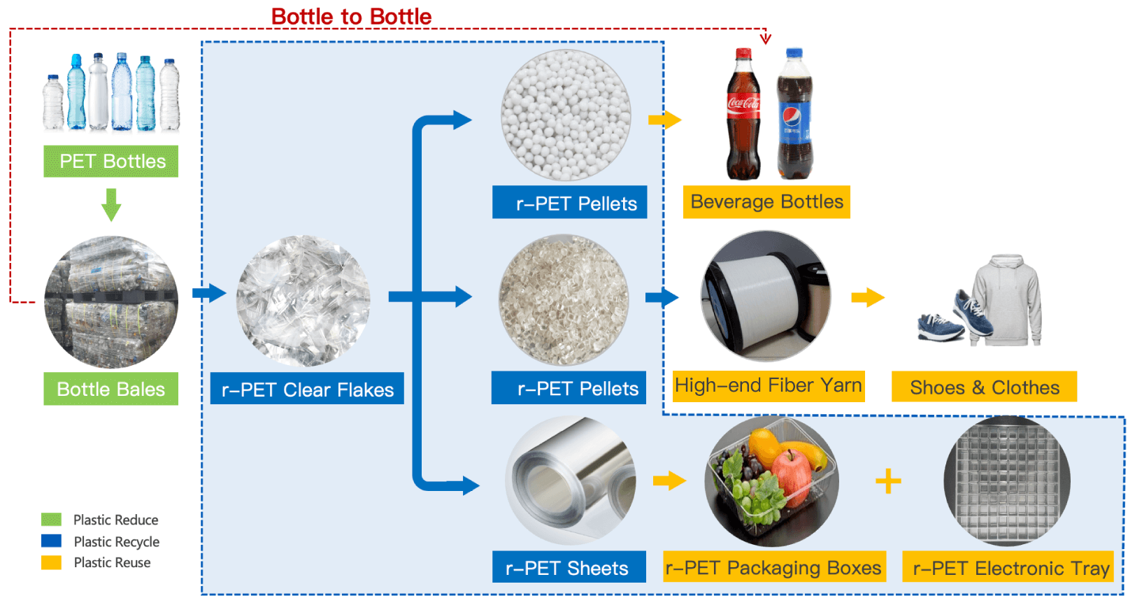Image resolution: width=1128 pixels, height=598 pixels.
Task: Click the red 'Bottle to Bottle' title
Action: [x=352, y=17]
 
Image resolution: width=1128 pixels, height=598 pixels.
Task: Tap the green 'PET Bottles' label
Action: [x=110, y=161]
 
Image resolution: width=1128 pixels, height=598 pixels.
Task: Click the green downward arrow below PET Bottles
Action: [x=111, y=204]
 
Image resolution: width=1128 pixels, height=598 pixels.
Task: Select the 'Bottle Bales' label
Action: [x=110, y=389]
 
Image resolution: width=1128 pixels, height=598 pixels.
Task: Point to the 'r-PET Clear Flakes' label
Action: [x=307, y=389]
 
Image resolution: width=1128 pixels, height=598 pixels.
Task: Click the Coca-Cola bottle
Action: [x=743, y=114]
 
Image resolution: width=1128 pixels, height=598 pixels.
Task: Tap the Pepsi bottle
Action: [x=794, y=114]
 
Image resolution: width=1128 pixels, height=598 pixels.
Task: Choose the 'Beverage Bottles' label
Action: [x=766, y=202]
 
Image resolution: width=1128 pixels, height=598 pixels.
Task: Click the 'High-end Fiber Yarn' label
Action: [x=769, y=386]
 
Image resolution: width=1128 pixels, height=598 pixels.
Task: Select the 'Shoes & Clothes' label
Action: [x=985, y=387]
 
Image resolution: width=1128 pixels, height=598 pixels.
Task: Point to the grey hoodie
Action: [x=1006, y=300]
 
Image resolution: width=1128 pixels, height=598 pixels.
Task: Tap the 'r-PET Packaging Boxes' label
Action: [x=774, y=567]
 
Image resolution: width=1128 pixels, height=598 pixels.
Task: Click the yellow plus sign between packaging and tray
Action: [x=888, y=481]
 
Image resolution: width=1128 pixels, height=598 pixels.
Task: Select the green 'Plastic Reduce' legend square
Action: [x=51, y=520]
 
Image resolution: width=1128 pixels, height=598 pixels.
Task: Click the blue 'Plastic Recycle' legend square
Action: [x=51, y=541]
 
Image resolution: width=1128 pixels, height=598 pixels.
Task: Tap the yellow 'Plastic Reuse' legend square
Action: [x=51, y=562]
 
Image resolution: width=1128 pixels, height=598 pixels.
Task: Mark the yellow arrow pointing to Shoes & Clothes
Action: [x=868, y=297]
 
